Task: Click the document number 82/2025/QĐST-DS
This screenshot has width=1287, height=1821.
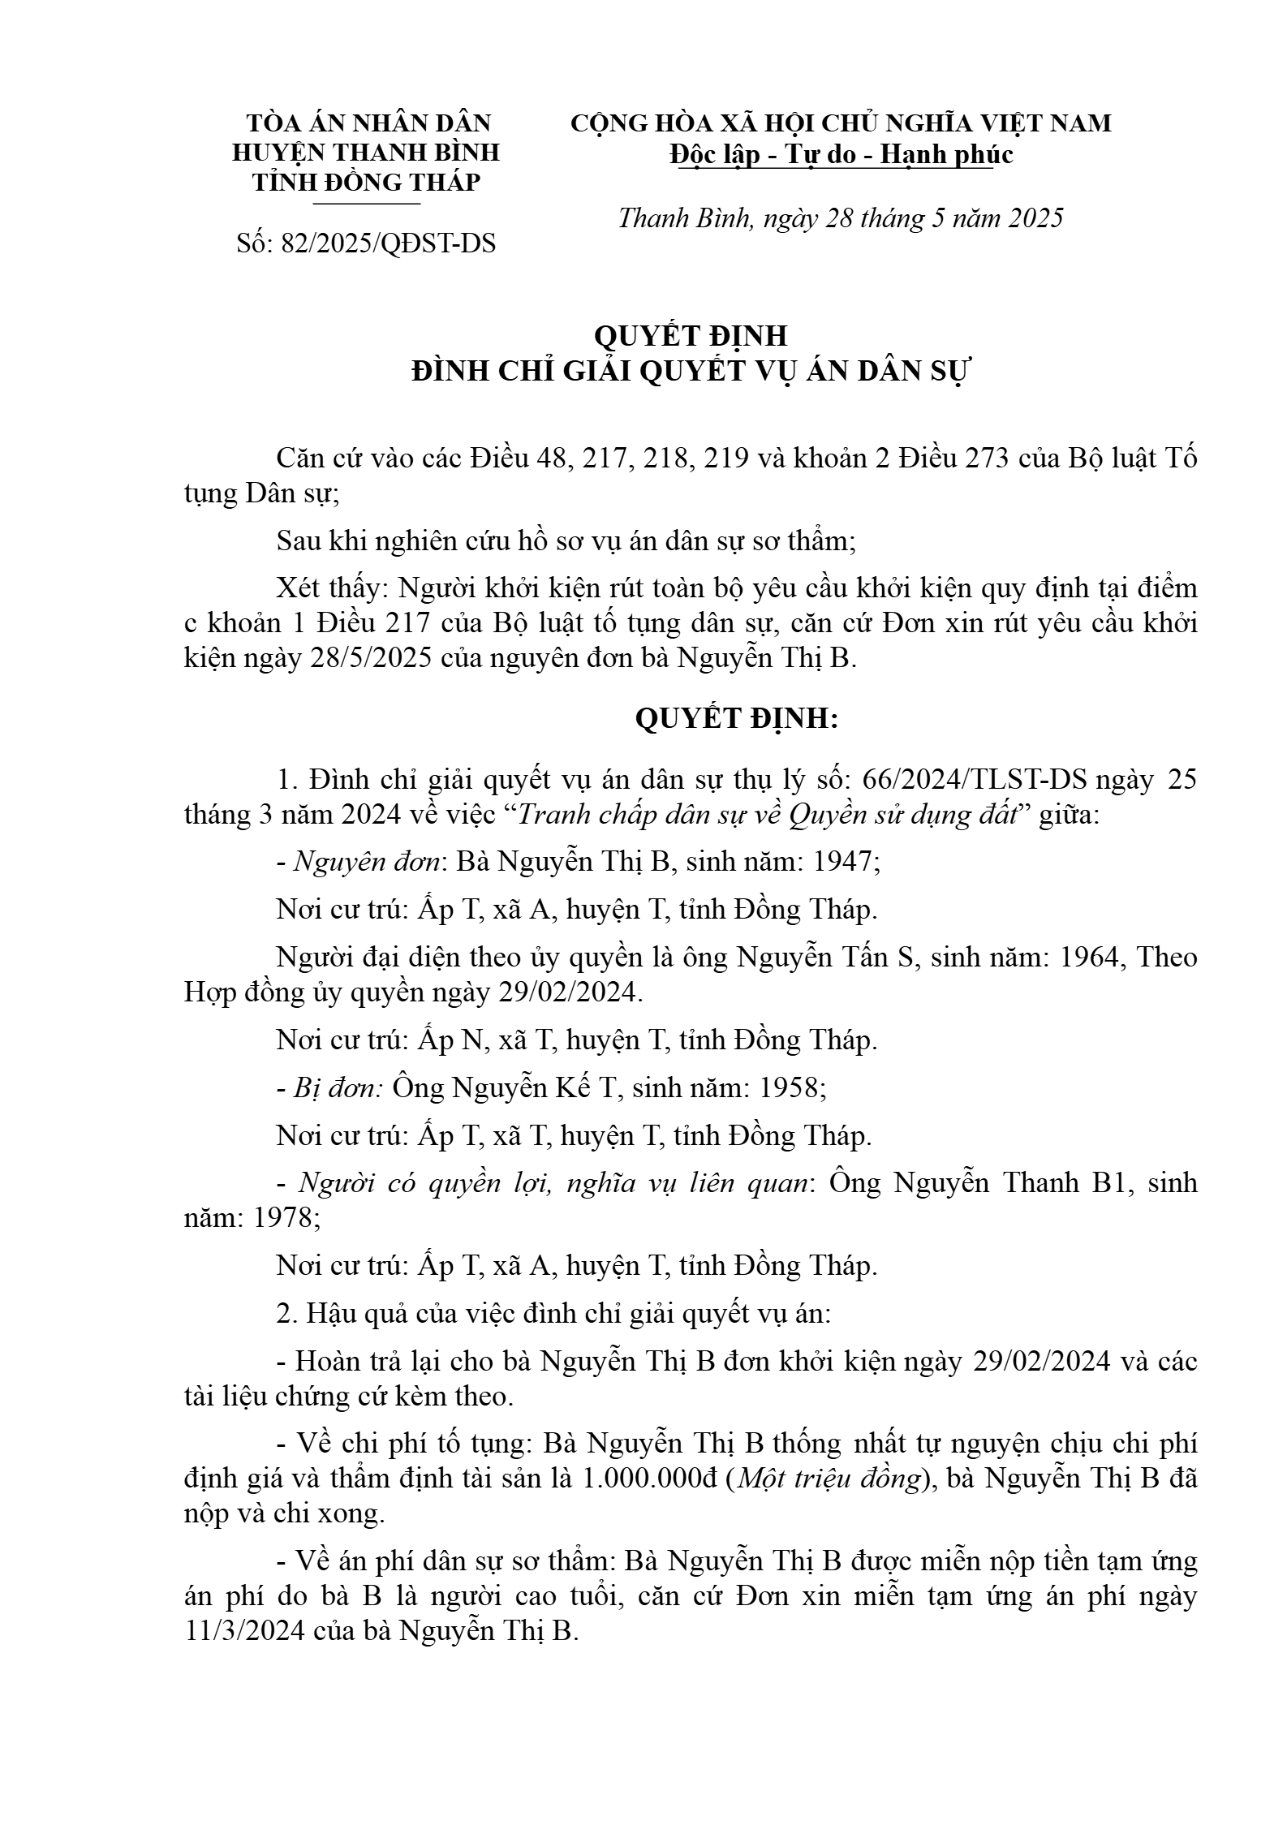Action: [388, 243]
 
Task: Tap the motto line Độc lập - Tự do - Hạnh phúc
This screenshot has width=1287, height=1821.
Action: [841, 154]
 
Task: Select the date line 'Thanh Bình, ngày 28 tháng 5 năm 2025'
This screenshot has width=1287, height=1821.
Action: [841, 218]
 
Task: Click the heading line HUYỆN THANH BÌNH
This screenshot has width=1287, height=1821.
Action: [366, 153]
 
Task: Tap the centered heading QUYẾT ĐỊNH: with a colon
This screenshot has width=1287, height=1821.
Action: [736, 719]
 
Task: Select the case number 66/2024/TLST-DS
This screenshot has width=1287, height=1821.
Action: [976, 780]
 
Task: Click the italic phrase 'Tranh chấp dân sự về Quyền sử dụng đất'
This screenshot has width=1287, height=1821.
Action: [767, 815]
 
